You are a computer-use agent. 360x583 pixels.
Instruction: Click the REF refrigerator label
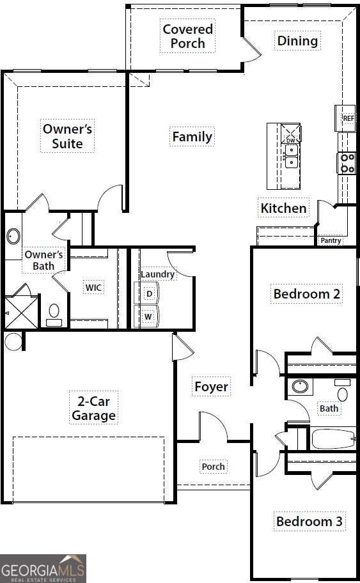pyautogui.click(x=348, y=118)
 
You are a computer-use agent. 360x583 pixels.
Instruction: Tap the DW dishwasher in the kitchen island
pyautogui.click(x=290, y=134)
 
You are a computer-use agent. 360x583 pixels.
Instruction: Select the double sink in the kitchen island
pyautogui.click(x=291, y=157)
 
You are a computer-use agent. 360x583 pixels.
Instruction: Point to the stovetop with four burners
pyautogui.click(x=347, y=164)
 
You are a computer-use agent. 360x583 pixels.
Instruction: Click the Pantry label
pyautogui.click(x=331, y=240)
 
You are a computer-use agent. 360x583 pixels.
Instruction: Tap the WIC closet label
pyautogui.click(x=93, y=288)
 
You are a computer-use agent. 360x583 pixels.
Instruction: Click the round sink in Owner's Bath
pyautogui.click(x=13, y=236)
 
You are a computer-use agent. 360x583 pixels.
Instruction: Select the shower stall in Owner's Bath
pyautogui.click(x=21, y=312)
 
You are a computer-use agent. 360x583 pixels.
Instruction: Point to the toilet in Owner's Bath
pyautogui.click(x=54, y=315)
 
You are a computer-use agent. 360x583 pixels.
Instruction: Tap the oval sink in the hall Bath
pyautogui.click(x=300, y=386)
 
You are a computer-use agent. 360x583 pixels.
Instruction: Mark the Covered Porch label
pyautogui.click(x=188, y=36)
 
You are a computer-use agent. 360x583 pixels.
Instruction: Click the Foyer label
pyautogui.click(x=211, y=387)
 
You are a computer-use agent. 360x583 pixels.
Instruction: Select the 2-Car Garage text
pyautogui.click(x=94, y=408)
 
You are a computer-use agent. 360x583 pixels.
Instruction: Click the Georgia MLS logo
pyautogui.click(x=43, y=568)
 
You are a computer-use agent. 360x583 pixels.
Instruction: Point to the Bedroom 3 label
pyautogui.click(x=309, y=521)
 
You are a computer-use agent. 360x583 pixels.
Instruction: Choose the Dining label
pyautogui.click(x=297, y=41)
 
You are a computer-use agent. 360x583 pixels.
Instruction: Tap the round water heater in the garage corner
pyautogui.click(x=13, y=341)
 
